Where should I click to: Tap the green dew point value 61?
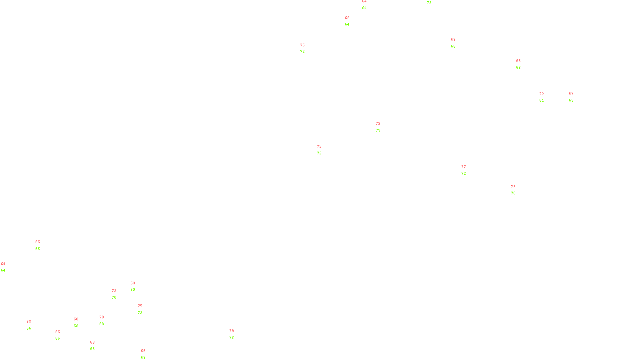coord(542,100)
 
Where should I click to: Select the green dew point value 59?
coord(133,290)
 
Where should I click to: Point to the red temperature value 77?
coord(464,167)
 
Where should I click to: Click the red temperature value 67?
coord(571,94)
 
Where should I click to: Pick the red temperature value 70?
coord(102,317)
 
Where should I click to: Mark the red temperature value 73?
coord(114,291)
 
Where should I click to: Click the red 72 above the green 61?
coord(541,94)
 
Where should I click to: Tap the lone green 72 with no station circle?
coord(429,3)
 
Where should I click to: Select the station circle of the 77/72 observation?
coord(467,170)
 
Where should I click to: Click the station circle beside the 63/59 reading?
coord(137,286)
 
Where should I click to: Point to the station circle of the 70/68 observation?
coord(105,320)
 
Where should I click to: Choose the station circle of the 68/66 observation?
coord(33,325)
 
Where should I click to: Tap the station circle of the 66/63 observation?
coord(147,354)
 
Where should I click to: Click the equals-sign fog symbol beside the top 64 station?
coord(364,5)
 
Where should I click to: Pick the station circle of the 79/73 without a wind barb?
coord(236,334)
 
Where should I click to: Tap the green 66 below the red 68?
coord(29,328)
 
